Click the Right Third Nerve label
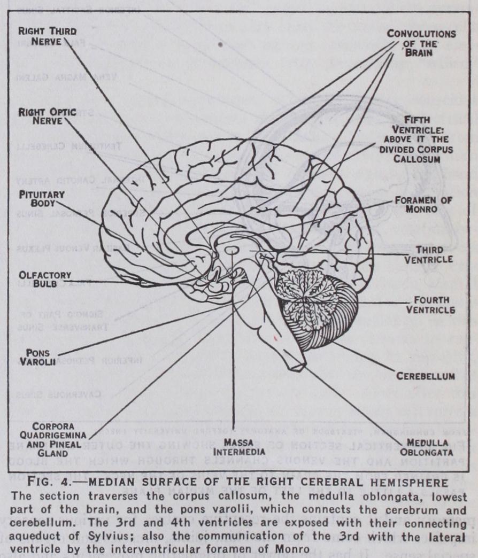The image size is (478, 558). [47, 36]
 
